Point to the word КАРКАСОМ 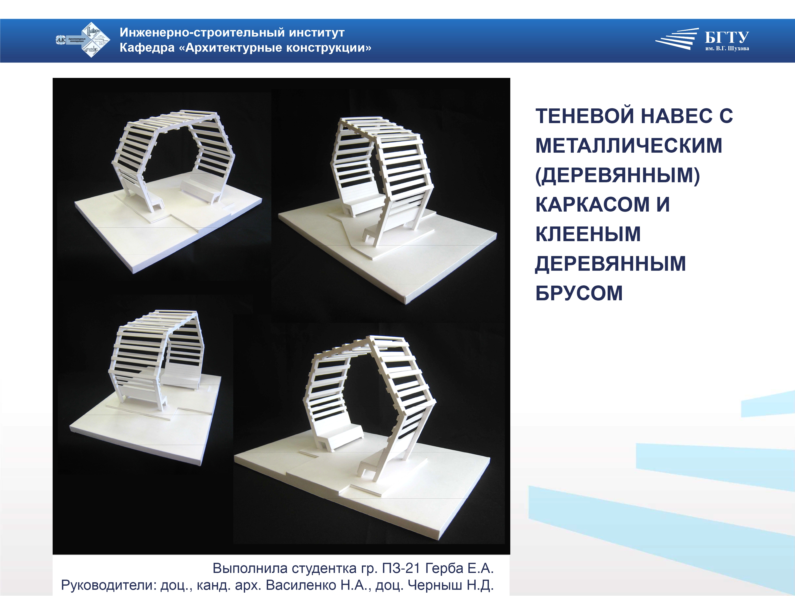click(592, 204)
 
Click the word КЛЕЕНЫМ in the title click(588, 234)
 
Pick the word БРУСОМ click(579, 293)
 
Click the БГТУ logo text click(727, 37)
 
